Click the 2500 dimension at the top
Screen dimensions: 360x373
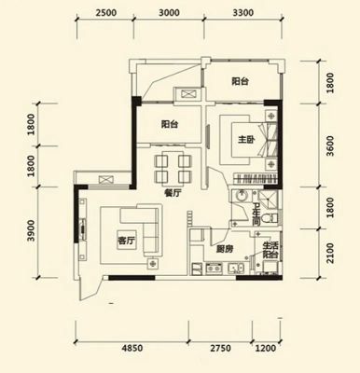tap(106, 13)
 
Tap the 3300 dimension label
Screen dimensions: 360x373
tap(242, 13)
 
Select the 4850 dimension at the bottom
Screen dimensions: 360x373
tap(132, 348)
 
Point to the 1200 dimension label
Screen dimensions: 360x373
tap(266, 348)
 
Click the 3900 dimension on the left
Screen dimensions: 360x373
tap(32, 231)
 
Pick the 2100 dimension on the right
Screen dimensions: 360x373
tap(330, 253)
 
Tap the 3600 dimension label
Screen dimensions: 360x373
tap(330, 145)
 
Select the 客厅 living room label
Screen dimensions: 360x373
tap(126, 241)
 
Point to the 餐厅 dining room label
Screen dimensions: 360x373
tap(172, 193)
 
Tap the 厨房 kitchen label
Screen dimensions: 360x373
tap(225, 249)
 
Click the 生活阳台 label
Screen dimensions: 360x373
tap(270, 250)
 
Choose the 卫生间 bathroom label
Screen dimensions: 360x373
tap(256, 214)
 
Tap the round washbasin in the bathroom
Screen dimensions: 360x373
tap(240, 197)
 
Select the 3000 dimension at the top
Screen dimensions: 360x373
tap(169, 13)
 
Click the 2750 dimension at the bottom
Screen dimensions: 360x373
tap(220, 348)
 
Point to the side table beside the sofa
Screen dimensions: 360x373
tap(152, 264)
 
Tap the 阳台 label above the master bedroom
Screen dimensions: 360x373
tap(240, 81)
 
